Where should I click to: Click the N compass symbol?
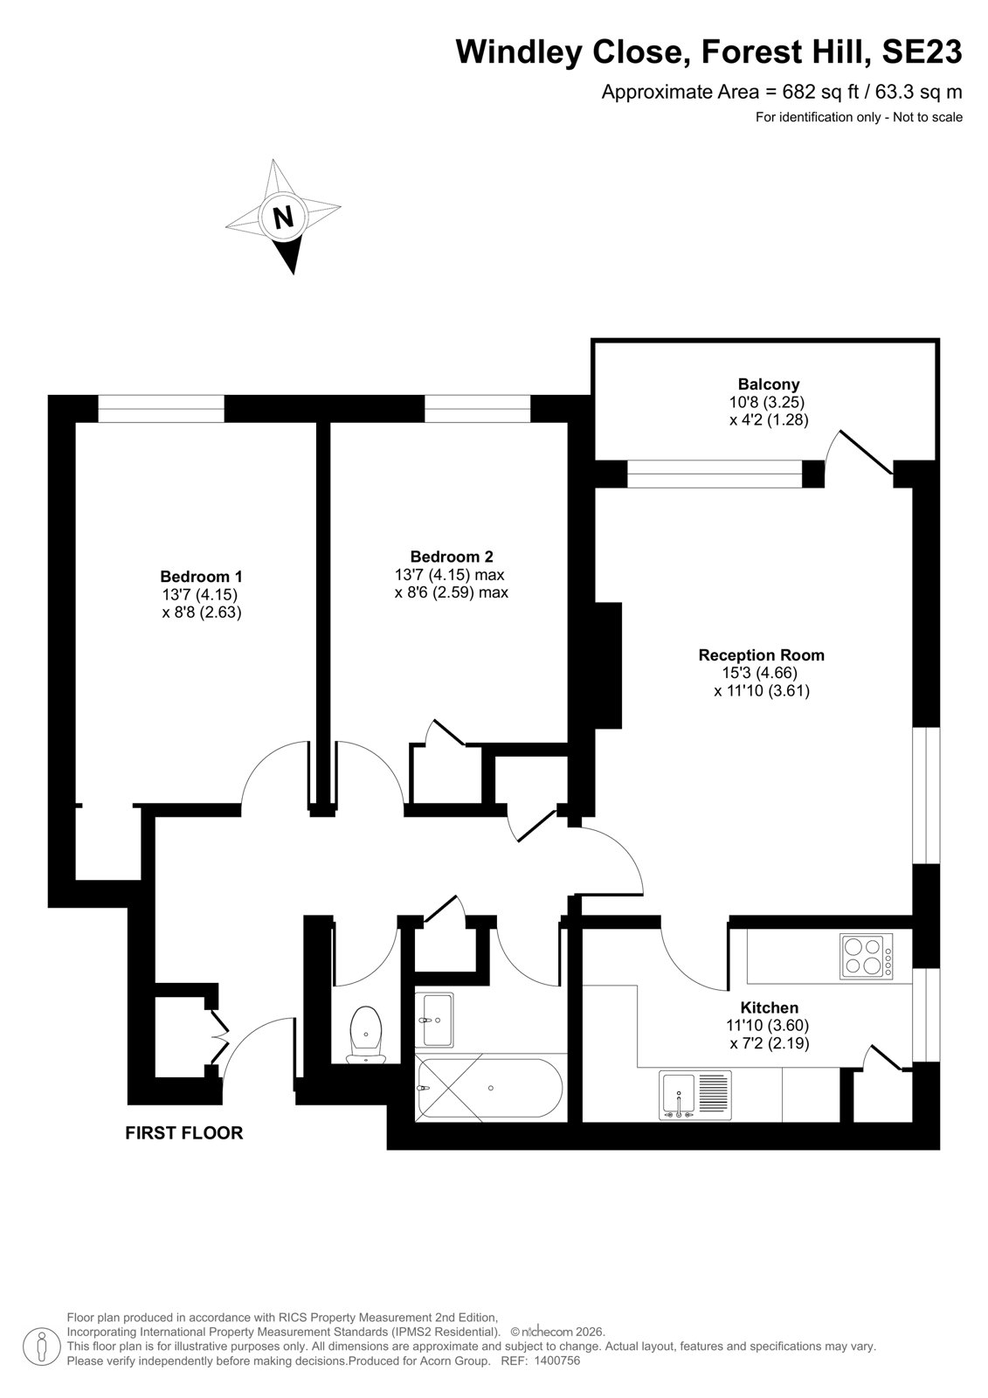283,216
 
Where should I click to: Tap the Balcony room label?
769,384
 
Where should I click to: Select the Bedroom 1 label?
201,576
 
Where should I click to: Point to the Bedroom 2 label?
452,556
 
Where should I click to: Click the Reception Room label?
762,654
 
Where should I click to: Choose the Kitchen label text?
769,1007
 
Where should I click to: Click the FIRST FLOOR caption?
184,1132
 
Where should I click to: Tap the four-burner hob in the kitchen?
867,956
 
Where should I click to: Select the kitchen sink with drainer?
695,1096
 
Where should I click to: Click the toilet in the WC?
366,1035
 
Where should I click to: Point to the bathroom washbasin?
439,1019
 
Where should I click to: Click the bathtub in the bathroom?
490,1088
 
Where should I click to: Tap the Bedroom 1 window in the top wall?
161,409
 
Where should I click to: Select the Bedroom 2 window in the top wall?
478,409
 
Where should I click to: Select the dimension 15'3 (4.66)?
760,672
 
